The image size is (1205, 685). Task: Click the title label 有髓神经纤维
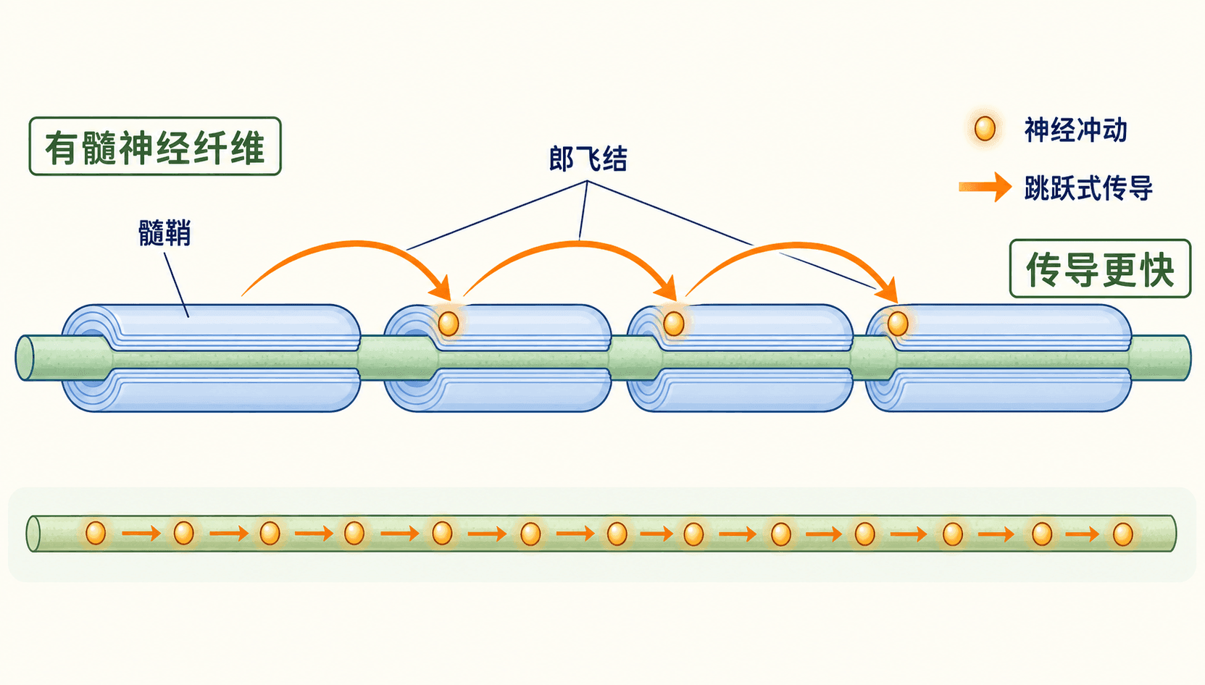click(x=155, y=146)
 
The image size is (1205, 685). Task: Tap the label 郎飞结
click(x=588, y=159)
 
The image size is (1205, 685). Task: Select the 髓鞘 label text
click(x=164, y=233)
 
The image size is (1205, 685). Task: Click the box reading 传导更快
click(x=1100, y=269)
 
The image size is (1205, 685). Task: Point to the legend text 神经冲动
click(x=1075, y=130)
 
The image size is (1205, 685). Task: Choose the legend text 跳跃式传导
click(x=1088, y=188)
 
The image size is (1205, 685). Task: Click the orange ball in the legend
click(x=985, y=129)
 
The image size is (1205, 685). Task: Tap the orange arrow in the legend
click(x=985, y=187)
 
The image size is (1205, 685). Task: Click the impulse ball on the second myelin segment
click(x=449, y=324)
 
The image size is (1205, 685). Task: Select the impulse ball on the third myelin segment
click(x=673, y=324)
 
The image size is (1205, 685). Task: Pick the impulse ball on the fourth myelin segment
click(x=898, y=324)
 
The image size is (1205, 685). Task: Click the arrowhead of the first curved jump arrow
click(x=442, y=289)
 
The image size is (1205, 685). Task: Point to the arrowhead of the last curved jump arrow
click(x=888, y=291)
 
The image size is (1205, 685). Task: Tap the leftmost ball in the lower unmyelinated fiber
click(x=96, y=533)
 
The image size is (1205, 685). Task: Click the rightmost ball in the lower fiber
click(x=1122, y=534)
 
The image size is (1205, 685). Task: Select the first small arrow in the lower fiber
click(x=141, y=534)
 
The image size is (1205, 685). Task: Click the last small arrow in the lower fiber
click(x=1083, y=534)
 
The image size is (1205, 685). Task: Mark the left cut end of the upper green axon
click(x=25, y=358)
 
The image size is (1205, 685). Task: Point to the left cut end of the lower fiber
click(x=33, y=534)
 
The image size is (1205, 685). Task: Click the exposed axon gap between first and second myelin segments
click(x=372, y=358)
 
